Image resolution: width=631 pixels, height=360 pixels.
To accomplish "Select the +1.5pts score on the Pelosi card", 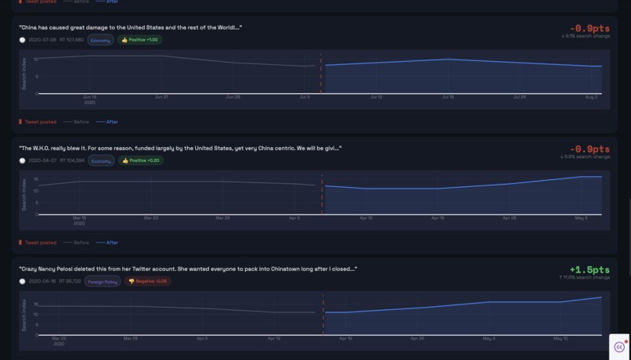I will (590, 269).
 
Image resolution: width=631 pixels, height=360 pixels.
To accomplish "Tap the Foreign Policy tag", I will (103, 281).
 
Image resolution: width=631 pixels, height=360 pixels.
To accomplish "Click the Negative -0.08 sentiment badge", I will (147, 281).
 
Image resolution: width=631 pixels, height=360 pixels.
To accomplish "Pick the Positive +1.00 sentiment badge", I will (139, 40).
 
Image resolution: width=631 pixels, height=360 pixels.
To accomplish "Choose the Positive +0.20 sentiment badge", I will (140, 160).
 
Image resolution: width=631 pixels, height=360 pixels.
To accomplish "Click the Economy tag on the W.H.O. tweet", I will (101, 160).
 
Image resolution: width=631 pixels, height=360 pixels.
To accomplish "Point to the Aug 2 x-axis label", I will (591, 97).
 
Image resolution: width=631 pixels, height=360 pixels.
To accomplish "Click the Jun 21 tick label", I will (161, 97).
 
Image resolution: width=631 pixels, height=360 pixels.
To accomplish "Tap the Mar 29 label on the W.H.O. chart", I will (223, 218).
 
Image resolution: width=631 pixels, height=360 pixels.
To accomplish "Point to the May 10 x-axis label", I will (561, 338).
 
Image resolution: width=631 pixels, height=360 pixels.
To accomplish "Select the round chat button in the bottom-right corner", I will (619, 347).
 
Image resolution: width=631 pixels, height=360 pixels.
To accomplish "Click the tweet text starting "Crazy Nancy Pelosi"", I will (188, 268).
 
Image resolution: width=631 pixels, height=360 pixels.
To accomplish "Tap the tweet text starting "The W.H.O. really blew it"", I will (180, 148).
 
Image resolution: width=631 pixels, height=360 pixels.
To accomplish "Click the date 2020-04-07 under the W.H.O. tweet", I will (42, 160).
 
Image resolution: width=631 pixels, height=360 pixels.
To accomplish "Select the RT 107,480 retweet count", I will (71, 40).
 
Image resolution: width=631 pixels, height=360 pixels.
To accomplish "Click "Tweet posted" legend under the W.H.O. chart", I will (40, 243).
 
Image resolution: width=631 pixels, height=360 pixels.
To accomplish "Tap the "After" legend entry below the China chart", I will (112, 122).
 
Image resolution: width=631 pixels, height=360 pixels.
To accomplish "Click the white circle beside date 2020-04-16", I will (22, 281).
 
